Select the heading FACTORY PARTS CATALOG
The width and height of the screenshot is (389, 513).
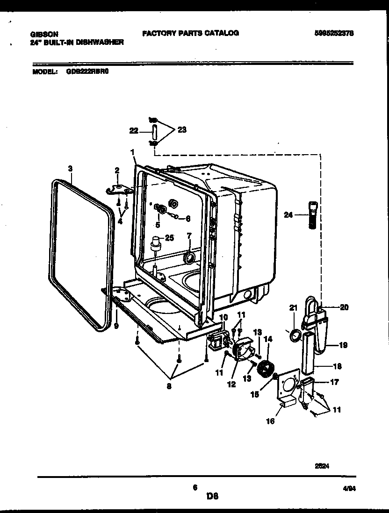click(190, 33)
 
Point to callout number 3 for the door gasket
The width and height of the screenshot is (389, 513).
click(70, 168)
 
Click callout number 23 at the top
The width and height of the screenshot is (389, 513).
click(182, 130)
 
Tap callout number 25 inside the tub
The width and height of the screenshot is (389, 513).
click(169, 237)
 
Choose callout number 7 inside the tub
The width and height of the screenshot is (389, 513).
click(189, 235)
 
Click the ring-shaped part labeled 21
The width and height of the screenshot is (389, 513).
click(294, 335)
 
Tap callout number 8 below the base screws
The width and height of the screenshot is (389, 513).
click(169, 386)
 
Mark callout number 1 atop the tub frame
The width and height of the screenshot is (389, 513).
click(132, 152)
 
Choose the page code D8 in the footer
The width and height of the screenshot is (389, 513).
click(213, 496)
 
